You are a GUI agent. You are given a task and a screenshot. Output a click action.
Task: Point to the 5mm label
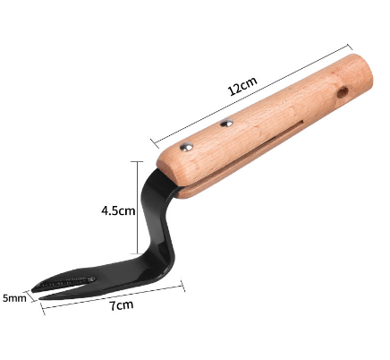point(14,297)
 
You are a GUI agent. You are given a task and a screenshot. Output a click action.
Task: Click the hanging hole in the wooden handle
point(343,92)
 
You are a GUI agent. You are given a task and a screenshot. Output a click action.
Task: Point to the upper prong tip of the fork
point(32,288)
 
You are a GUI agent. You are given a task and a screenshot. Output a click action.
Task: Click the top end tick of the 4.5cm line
point(135,161)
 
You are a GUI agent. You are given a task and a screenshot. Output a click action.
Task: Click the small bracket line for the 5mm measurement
point(36,300)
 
